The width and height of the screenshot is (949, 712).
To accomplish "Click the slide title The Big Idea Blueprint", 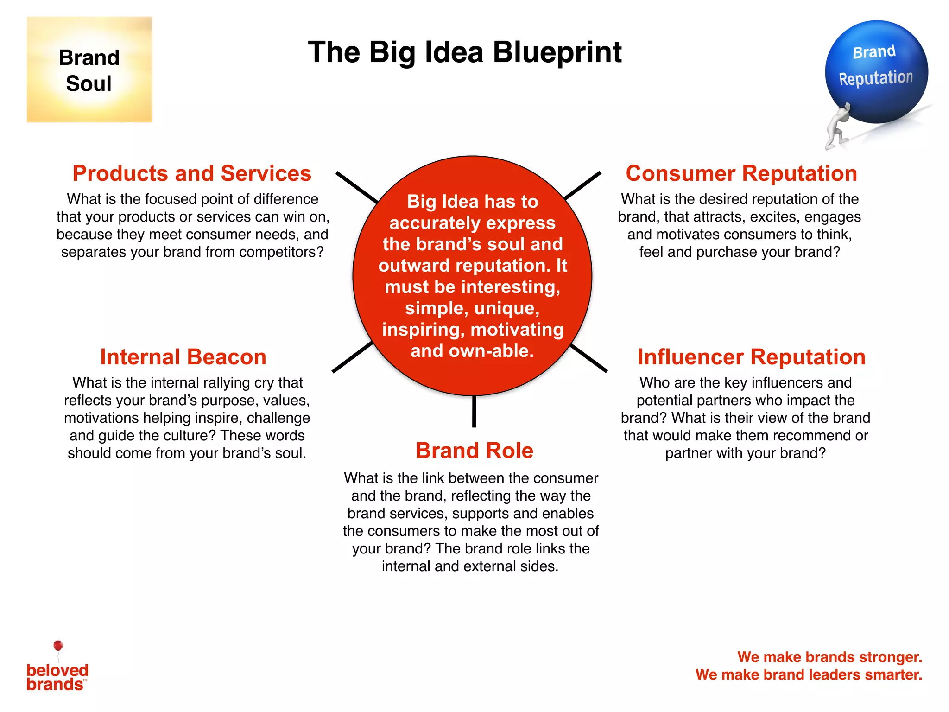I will tap(465, 52).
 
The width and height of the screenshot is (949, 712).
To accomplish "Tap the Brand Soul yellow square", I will tap(89, 70).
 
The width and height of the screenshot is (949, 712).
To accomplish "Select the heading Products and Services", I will tap(192, 173).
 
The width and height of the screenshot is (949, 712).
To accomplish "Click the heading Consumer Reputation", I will tap(741, 173).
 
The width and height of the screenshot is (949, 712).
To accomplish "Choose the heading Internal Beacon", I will tap(183, 357).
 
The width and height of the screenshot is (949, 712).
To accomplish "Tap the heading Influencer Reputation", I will tap(751, 357).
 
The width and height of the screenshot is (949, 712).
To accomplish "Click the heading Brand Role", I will tap(474, 451).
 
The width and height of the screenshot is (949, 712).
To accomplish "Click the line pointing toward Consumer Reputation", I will tap(583, 185).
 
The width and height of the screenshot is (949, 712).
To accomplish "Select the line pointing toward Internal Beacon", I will tap(352, 357).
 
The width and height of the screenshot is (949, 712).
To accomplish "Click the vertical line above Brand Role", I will tap(474, 412).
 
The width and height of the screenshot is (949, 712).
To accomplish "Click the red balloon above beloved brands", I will tap(58, 646).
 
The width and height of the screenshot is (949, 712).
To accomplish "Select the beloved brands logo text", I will tap(57, 677).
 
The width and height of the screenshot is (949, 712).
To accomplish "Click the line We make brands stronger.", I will tap(829, 657).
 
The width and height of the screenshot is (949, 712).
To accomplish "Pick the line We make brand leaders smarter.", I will tap(809, 674).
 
